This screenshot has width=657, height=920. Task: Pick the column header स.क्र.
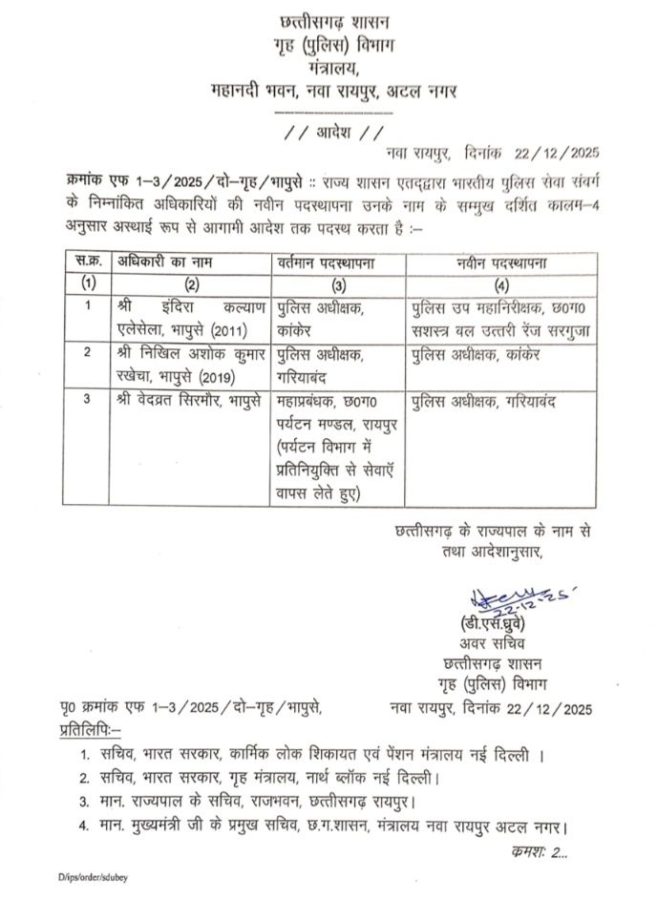tap(88, 261)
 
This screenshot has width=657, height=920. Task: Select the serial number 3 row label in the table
tap(87, 400)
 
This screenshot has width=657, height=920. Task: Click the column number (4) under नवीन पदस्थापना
tap(501, 283)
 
